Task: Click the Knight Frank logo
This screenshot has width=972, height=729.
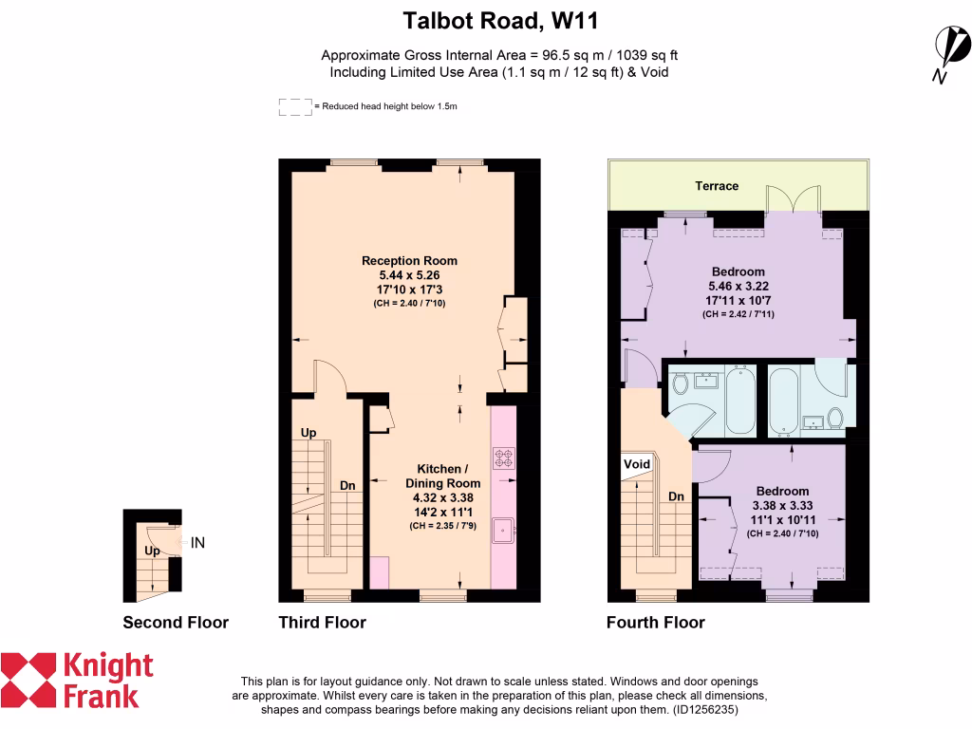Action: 76,680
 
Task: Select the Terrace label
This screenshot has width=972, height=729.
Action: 717,186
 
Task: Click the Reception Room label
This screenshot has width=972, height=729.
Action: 409,261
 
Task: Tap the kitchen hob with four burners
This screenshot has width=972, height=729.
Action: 503,459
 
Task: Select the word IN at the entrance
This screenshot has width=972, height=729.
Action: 198,544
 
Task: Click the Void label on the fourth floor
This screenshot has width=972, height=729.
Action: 637,464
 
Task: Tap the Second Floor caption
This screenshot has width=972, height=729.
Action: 176,623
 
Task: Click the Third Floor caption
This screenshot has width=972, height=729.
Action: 322,623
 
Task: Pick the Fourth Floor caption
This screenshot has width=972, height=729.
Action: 656,623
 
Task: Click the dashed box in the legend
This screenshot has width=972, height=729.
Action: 295,107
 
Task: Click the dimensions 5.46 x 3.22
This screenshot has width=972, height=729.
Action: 737,285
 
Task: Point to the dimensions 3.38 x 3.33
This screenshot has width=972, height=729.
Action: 782,506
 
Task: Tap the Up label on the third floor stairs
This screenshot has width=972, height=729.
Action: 308,433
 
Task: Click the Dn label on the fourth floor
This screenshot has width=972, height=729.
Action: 677,496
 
